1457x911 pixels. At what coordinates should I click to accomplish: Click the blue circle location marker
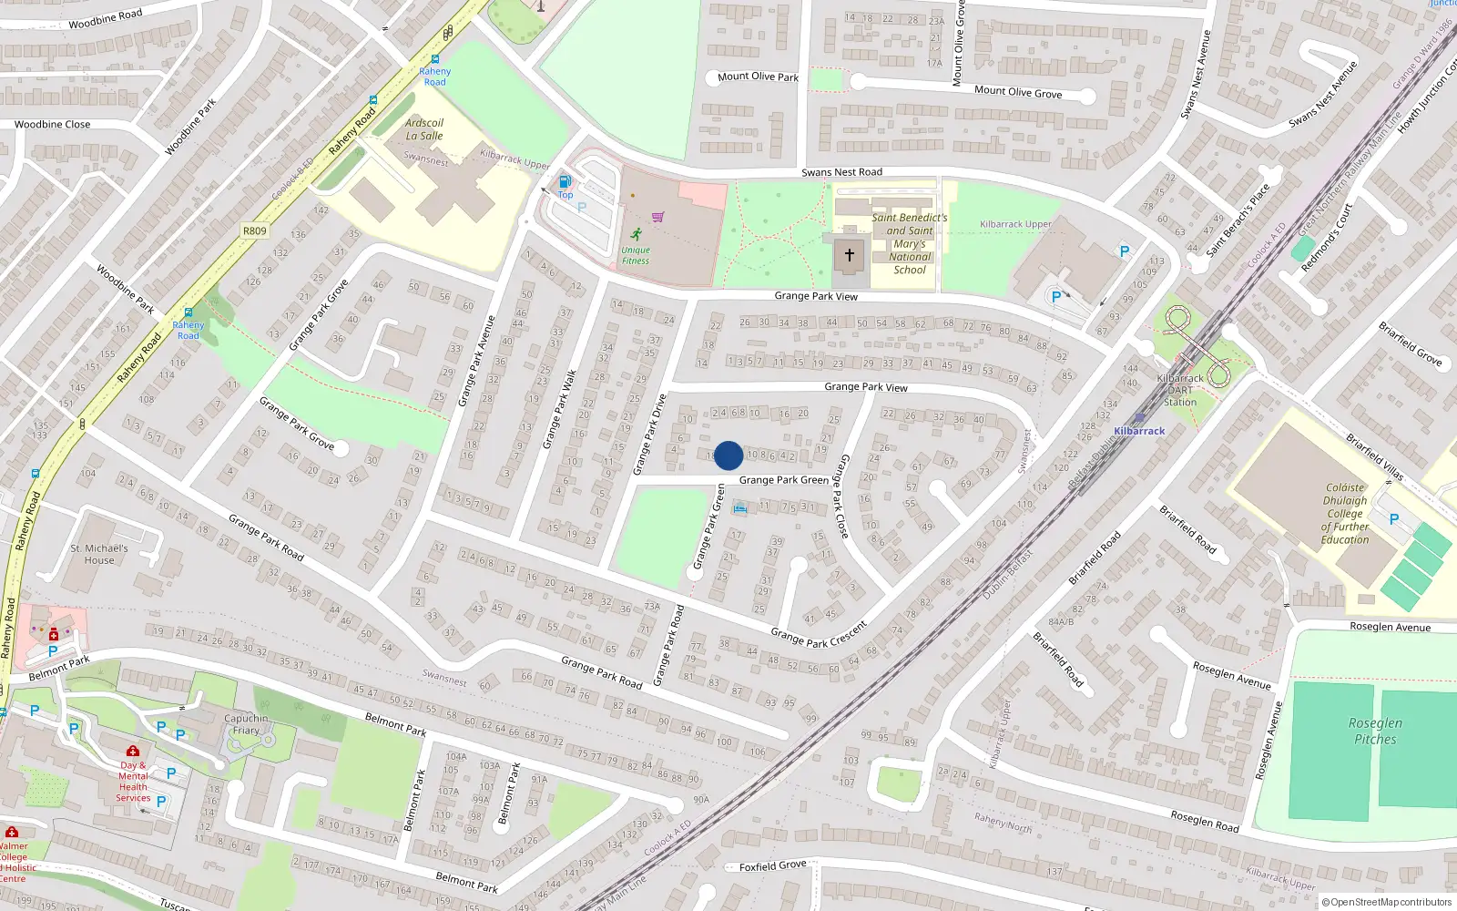click(x=728, y=455)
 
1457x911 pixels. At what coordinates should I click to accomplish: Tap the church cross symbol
click(x=850, y=256)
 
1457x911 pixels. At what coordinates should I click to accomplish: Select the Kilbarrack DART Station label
click(x=1180, y=390)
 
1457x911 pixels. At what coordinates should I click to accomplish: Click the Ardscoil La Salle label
click(x=424, y=129)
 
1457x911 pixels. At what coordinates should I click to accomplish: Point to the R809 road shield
click(x=255, y=230)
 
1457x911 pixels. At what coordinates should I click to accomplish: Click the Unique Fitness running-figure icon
click(x=636, y=235)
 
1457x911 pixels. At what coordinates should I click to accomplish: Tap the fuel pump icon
click(x=565, y=182)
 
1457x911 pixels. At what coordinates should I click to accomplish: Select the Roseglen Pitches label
click(x=1375, y=731)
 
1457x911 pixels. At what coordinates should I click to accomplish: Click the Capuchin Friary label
click(x=246, y=724)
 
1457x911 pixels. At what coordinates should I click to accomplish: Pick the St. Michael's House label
click(x=99, y=554)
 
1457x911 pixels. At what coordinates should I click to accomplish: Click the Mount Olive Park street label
click(x=758, y=77)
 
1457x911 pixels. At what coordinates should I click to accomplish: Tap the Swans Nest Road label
click(x=841, y=172)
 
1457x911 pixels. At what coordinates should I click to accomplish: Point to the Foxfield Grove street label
click(x=772, y=865)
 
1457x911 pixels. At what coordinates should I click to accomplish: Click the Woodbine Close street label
click(x=53, y=125)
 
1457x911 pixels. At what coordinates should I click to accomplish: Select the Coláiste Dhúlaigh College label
click(x=1345, y=514)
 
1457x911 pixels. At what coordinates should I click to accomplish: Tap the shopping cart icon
click(x=658, y=217)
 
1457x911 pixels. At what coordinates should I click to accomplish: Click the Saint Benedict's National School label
click(x=910, y=243)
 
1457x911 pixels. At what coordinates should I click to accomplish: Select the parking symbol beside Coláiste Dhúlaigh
click(x=1394, y=519)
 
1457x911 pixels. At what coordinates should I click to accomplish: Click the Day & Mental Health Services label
click(x=133, y=782)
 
